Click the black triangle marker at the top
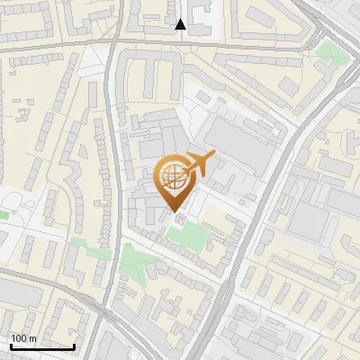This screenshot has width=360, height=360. pyautogui.click(x=181, y=24)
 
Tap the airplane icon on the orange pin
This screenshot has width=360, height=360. pyautogui.click(x=198, y=164)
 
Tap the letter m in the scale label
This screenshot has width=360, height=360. pyautogui.click(x=33, y=338)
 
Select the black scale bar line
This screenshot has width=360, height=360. pyautogui.click(x=41, y=346)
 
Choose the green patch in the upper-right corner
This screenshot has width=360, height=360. pyautogui.click(x=329, y=51)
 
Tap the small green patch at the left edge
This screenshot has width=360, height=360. pyautogui.click(x=3, y=215)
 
